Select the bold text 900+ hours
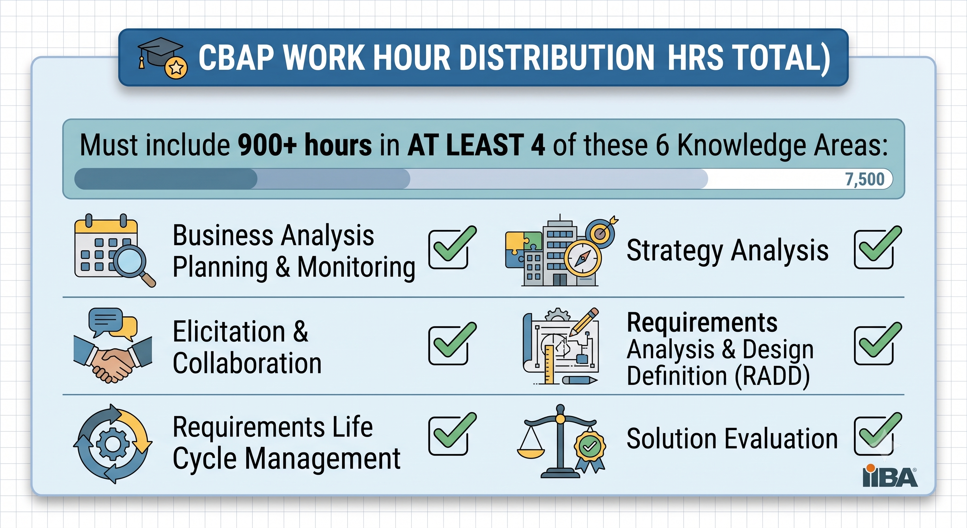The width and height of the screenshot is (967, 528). point(305,145)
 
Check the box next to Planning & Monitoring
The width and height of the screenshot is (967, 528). point(452,249)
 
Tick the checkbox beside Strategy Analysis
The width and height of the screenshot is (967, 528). point(877,249)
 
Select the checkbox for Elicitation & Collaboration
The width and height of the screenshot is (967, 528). point(452,344)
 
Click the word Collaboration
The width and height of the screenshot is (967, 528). point(247,363)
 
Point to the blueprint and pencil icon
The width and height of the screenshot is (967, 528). point(561,346)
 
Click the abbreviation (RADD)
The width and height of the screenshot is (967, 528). point(772,376)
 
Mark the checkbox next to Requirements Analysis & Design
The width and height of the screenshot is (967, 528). point(877,344)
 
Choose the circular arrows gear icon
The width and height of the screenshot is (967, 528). point(113,444)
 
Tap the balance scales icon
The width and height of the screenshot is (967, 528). point(561,441)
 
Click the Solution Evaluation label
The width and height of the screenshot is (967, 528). point(732,439)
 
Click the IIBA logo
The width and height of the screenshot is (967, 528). point(890,476)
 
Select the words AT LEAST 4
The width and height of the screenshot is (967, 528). point(476,145)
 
